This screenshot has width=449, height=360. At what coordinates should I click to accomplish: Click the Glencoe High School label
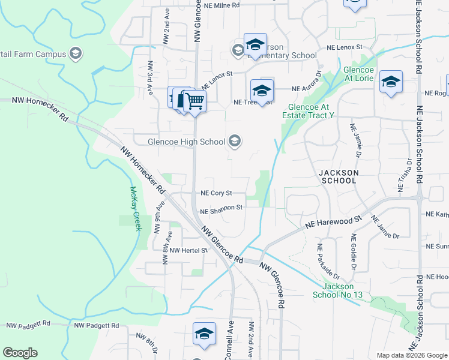pyautogui.click(x=187, y=142)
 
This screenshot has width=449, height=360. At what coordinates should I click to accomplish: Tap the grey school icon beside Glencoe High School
pyautogui.click(x=235, y=142)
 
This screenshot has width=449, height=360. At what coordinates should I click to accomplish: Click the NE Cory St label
pyautogui.click(x=216, y=193)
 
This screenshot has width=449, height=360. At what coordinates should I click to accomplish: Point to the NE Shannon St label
pyautogui.click(x=221, y=209)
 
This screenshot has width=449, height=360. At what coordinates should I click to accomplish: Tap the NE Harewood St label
pyautogui.click(x=334, y=223)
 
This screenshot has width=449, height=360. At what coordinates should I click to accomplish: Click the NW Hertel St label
pyautogui.click(x=188, y=250)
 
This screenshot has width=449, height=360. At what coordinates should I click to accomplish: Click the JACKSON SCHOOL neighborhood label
pyautogui.click(x=339, y=176)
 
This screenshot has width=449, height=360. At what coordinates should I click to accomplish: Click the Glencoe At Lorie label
pyautogui.click(x=358, y=74)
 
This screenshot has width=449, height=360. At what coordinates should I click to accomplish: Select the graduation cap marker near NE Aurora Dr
pyautogui.click(x=262, y=91)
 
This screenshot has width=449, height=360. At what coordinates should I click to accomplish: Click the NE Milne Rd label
pyautogui.click(x=221, y=5)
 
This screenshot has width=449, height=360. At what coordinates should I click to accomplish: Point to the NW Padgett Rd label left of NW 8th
pyautogui.click(x=97, y=325)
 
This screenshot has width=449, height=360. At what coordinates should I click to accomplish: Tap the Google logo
pyautogui.click(x=20, y=353)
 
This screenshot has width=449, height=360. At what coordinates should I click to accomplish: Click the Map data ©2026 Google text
pyautogui.click(x=411, y=355)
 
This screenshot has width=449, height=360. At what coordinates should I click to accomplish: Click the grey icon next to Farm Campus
pyautogui.click(x=75, y=55)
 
